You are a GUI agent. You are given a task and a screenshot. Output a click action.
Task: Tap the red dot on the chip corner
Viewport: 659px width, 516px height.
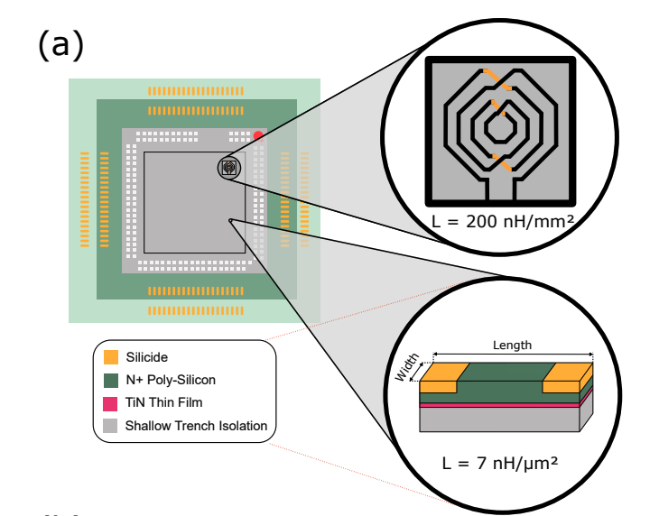pyautogui.click(x=258, y=136)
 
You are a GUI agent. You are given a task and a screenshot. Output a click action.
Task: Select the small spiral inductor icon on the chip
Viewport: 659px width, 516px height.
pyautogui.click(x=229, y=167)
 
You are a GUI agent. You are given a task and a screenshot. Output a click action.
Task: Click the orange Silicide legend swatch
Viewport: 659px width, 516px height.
pyautogui.click(x=111, y=357)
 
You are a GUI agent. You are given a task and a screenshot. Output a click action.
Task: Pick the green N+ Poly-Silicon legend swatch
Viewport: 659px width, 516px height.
pyautogui.click(x=111, y=380)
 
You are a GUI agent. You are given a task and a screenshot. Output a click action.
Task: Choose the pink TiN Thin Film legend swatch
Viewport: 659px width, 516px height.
pyautogui.click(x=111, y=402)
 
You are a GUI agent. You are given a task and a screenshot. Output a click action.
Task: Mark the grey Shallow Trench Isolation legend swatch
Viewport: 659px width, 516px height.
pyautogui.click(x=111, y=425)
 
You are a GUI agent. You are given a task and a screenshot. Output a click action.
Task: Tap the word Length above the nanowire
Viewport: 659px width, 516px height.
pyautogui.click(x=512, y=345)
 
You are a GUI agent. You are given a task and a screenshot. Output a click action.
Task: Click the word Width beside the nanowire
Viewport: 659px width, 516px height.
pyautogui.click(x=408, y=367)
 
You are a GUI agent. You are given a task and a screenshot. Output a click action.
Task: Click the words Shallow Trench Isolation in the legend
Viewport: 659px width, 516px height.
pyautogui.click(x=196, y=425)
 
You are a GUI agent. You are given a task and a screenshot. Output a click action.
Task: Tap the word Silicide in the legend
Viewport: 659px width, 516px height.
pyautogui.click(x=146, y=357)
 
